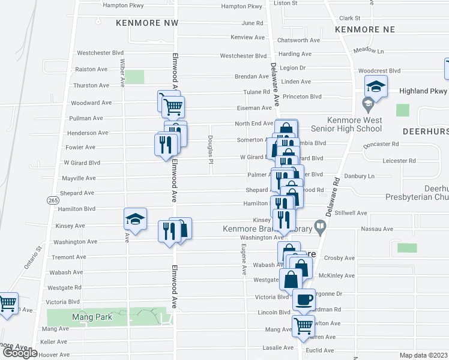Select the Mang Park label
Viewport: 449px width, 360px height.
coord(91,316)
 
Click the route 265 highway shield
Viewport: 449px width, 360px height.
coord(53,200)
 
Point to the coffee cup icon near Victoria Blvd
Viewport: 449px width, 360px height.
coord(304,299)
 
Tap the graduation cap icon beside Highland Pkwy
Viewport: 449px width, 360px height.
coord(376,87)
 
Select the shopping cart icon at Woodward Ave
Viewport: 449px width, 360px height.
coord(173,107)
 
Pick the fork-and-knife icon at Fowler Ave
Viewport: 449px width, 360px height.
coord(164,145)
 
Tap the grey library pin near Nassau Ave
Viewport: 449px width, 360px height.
coord(321,227)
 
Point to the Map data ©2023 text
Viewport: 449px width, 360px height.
coord(424,355)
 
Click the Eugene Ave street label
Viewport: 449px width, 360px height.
coord(244,259)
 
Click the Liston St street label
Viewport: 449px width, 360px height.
coord(286,3)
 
